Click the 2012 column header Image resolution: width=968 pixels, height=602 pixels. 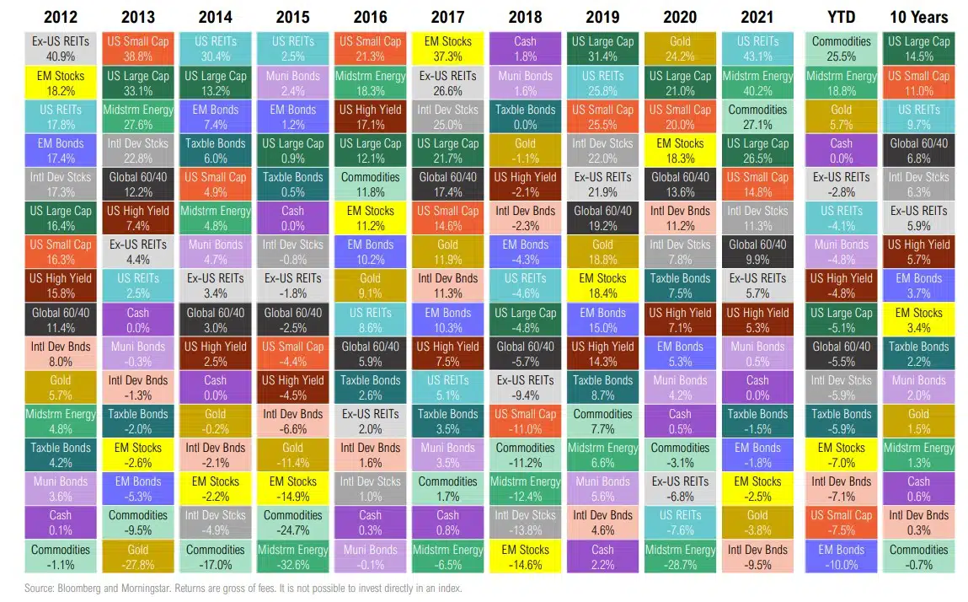(x=61, y=16)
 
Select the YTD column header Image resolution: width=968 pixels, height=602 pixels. (x=841, y=16)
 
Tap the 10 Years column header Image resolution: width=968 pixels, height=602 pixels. (x=918, y=16)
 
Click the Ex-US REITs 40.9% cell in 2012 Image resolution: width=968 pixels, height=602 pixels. (x=61, y=49)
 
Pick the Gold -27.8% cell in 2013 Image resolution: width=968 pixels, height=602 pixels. (x=138, y=557)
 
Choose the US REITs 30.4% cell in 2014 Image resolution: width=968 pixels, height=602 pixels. (x=216, y=49)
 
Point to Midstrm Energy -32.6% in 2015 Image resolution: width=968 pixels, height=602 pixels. (x=293, y=557)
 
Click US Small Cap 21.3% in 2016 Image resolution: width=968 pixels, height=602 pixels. (x=370, y=49)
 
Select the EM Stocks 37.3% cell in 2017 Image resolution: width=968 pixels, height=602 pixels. (x=447, y=49)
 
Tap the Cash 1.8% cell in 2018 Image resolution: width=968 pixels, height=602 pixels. (x=525, y=49)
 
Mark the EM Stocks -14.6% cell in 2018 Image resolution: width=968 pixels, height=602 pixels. (x=525, y=557)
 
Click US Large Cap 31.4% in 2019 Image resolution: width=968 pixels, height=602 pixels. (x=602, y=49)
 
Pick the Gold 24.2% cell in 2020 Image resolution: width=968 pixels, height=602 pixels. (x=680, y=49)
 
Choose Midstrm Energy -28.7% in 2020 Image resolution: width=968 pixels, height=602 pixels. (x=680, y=557)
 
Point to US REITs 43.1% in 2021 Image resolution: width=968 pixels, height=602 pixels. (x=757, y=49)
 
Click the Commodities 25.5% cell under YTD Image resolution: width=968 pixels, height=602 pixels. (x=841, y=49)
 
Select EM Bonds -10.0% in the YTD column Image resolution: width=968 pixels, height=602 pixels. (x=841, y=557)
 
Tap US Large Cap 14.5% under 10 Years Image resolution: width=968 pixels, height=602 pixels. (x=918, y=49)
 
